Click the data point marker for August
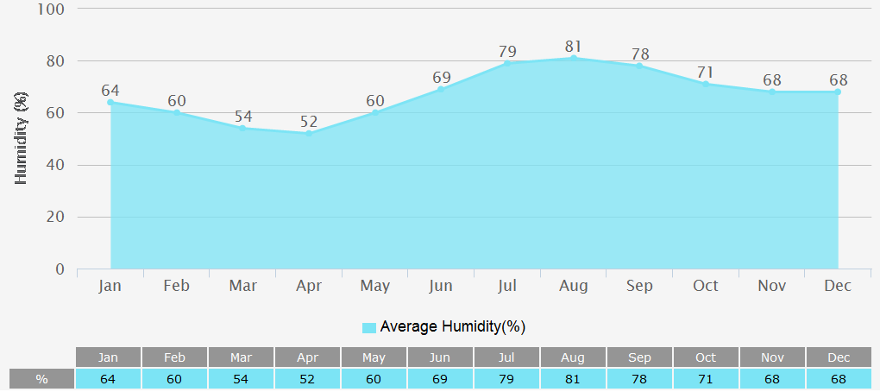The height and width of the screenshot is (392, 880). tap(574, 58)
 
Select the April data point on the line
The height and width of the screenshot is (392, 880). tap(309, 133)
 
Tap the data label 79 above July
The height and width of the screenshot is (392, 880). tap(507, 52)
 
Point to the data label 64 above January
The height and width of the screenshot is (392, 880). tap(110, 91)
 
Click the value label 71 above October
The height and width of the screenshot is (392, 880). tap(706, 73)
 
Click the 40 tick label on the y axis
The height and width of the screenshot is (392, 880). tap(54, 165)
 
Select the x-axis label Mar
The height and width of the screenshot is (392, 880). tap(242, 286)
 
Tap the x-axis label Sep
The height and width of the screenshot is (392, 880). tap(639, 286)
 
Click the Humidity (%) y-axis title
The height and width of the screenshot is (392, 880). tap(22, 139)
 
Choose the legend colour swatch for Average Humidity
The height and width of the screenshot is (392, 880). tap(369, 327)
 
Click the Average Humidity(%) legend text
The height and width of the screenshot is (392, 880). tap(452, 326)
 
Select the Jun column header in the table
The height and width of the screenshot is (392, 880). tap(440, 357)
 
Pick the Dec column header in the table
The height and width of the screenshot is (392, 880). tap(839, 357)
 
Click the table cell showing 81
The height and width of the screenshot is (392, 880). tap(573, 379)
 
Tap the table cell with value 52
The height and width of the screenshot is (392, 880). tap(307, 379)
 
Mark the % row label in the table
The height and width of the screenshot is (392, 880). tap(41, 379)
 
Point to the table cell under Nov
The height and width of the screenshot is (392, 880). tap(772, 379)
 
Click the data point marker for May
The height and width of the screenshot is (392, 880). tap(375, 112)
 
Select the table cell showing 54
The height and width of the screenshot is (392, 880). tap(241, 379)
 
